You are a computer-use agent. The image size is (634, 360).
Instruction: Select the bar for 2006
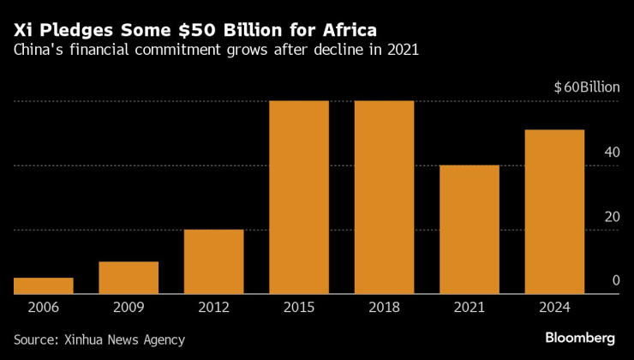point(43,285)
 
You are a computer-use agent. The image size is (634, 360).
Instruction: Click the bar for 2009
point(129,278)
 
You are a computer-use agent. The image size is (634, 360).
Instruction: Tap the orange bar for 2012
point(213,261)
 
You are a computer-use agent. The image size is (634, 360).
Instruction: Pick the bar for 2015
point(299,197)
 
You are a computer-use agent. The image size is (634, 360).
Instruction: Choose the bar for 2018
point(384,197)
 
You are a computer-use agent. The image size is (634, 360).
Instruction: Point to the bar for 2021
point(470,229)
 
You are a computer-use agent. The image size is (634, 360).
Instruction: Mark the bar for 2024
point(554,212)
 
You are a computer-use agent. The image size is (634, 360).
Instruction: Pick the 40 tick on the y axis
point(612,152)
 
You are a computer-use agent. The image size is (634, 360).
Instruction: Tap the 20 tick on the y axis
point(612,216)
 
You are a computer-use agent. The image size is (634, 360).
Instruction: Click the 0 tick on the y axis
point(615,280)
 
